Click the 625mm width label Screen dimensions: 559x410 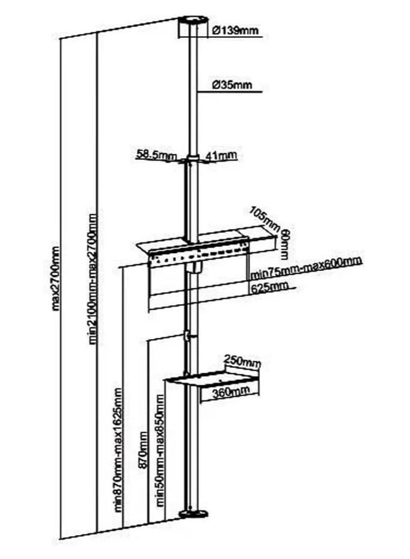pos(267,287)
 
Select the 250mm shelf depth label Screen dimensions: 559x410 pos(242,362)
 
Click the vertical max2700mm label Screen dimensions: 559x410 pos(57,277)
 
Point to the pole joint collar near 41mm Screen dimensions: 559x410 pos(192,160)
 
